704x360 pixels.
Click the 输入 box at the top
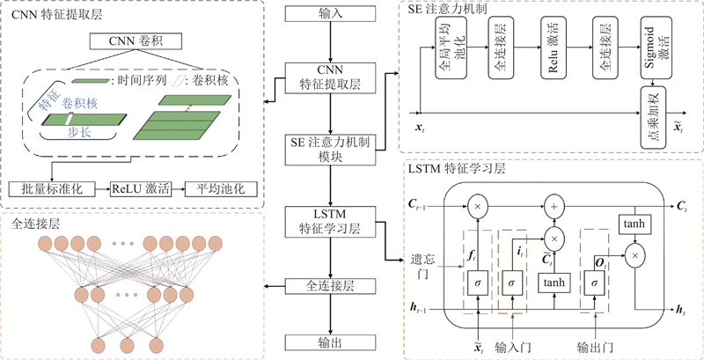pyautogui.click(x=330, y=15)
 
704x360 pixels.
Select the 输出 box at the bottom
pyautogui.click(x=330, y=342)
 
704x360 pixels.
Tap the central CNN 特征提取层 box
pyautogui.click(x=330, y=77)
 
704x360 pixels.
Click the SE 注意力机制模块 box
pyautogui.click(x=330, y=149)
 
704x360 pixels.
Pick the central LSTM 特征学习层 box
pyautogui.click(x=330, y=221)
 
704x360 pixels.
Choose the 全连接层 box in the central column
pyautogui.click(x=330, y=286)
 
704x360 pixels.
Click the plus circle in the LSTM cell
pyautogui.click(x=554, y=205)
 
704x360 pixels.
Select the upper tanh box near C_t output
pyautogui.click(x=634, y=225)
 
